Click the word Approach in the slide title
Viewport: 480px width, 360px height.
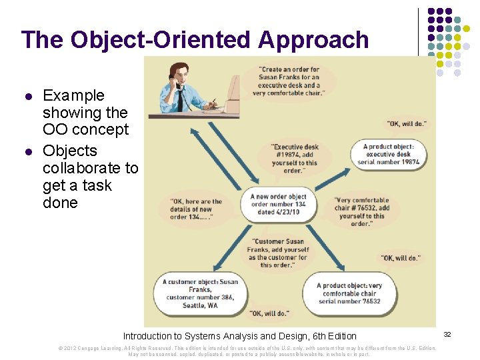[x=313, y=40]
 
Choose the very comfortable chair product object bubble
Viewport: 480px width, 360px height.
[x=350, y=293]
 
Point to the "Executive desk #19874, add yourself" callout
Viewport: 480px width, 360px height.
[x=295, y=159]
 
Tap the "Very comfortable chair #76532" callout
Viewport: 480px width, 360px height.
[x=361, y=211]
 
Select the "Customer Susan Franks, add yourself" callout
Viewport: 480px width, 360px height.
[x=278, y=253]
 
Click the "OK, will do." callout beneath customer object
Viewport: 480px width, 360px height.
[x=269, y=313]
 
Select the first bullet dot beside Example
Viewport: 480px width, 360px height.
[x=28, y=96]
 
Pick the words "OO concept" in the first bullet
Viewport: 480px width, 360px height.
[x=85, y=129]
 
